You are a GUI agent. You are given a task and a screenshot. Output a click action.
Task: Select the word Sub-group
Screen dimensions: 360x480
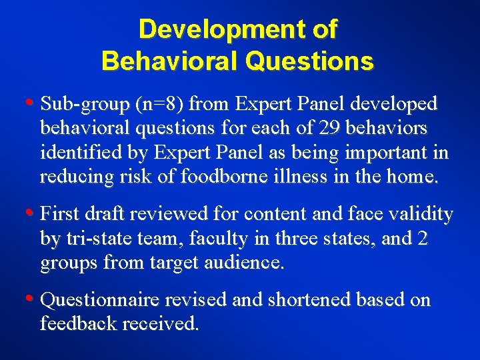(85, 104)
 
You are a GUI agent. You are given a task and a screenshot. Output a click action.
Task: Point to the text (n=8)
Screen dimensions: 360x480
(161, 105)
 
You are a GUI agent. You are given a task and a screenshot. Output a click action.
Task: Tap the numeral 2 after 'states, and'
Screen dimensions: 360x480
(422, 239)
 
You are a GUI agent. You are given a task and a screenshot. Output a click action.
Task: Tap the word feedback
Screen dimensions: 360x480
(75, 324)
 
